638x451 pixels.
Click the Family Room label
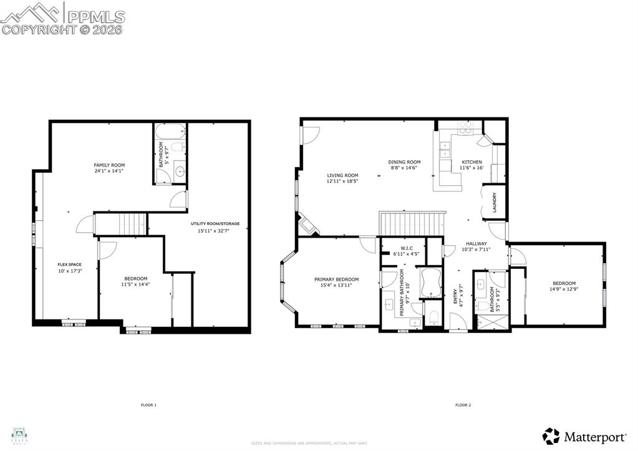(x=110, y=165)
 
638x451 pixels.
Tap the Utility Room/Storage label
(x=215, y=223)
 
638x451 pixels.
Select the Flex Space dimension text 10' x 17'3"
(x=70, y=271)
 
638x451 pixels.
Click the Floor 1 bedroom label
(x=135, y=278)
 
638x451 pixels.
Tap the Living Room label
(x=342, y=175)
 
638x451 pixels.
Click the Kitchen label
(x=471, y=162)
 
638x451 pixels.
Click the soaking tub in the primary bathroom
(x=431, y=283)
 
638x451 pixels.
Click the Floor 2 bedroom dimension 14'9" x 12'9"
(x=563, y=289)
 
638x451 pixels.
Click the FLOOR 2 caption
(x=463, y=405)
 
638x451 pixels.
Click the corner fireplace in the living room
(x=307, y=225)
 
